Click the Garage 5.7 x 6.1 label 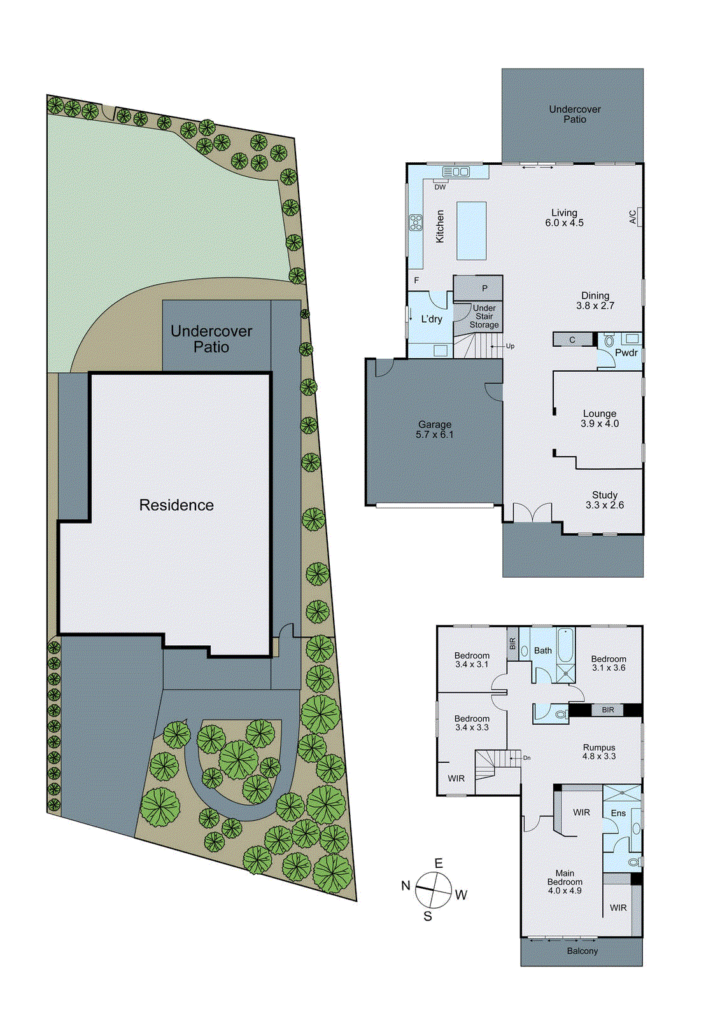435,429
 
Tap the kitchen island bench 471,230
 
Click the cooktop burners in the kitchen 416,223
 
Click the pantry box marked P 484,288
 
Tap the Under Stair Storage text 484,316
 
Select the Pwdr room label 626,352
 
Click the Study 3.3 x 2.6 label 604,500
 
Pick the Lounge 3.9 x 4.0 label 599,419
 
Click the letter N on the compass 406,886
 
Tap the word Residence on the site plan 176,505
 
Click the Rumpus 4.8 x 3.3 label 599,752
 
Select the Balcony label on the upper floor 582,951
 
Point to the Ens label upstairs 618,813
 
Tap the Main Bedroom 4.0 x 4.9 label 565,882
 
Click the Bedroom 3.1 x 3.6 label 608,664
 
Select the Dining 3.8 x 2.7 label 595,300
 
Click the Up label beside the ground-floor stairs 510,346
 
